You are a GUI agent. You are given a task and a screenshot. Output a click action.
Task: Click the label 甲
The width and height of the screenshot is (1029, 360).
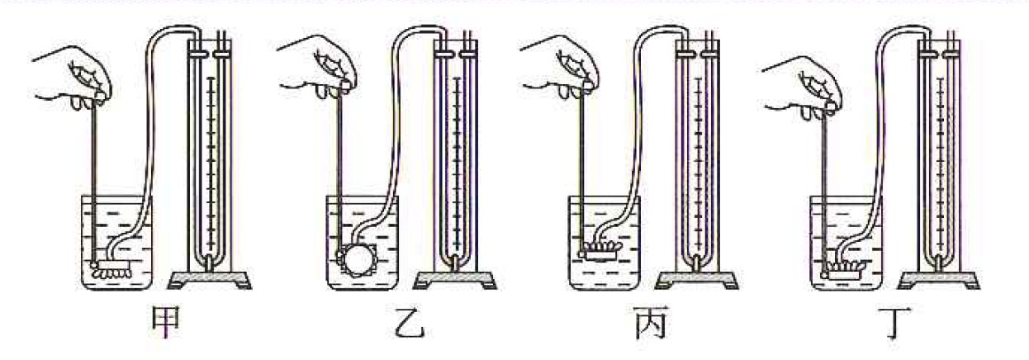point(166,322)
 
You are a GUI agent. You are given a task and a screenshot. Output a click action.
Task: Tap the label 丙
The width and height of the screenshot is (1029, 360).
point(652,323)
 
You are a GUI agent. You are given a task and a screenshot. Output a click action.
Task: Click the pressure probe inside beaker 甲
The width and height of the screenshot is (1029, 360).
point(112,268)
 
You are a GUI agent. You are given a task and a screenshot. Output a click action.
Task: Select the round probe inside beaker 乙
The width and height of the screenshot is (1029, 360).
point(358,260)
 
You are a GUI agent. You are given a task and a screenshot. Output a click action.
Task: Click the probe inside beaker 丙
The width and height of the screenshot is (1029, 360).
point(599,252)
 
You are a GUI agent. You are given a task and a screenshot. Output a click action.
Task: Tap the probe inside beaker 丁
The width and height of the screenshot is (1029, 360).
point(842,270)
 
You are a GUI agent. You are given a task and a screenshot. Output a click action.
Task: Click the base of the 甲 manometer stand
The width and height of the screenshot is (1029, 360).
point(210,279)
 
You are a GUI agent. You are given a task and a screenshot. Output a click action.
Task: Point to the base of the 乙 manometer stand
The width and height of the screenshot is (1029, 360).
point(455,279)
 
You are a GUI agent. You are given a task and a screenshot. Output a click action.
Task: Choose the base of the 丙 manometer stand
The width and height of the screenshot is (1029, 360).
point(696,279)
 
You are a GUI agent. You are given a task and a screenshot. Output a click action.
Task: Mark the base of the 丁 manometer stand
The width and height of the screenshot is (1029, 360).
point(939,279)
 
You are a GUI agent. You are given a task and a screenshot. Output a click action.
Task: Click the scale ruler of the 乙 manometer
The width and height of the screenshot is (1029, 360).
point(456,163)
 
